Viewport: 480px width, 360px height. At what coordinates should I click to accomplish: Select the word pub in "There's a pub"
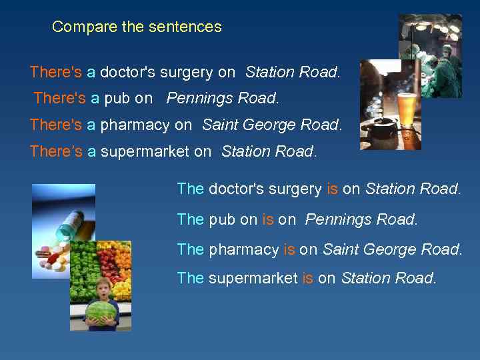click(117, 99)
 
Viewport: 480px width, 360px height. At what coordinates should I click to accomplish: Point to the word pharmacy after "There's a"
click(135, 125)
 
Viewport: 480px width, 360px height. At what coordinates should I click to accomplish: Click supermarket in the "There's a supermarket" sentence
click(145, 151)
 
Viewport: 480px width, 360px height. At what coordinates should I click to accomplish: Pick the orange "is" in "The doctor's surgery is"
click(333, 189)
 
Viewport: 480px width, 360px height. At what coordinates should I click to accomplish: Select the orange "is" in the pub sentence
click(268, 219)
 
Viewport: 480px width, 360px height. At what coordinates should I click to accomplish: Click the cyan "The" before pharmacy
click(191, 249)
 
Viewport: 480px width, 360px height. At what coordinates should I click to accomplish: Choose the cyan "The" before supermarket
click(191, 278)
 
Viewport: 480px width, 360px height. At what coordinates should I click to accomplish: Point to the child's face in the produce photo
click(103, 289)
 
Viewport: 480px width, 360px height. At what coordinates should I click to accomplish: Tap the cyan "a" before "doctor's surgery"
click(91, 72)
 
